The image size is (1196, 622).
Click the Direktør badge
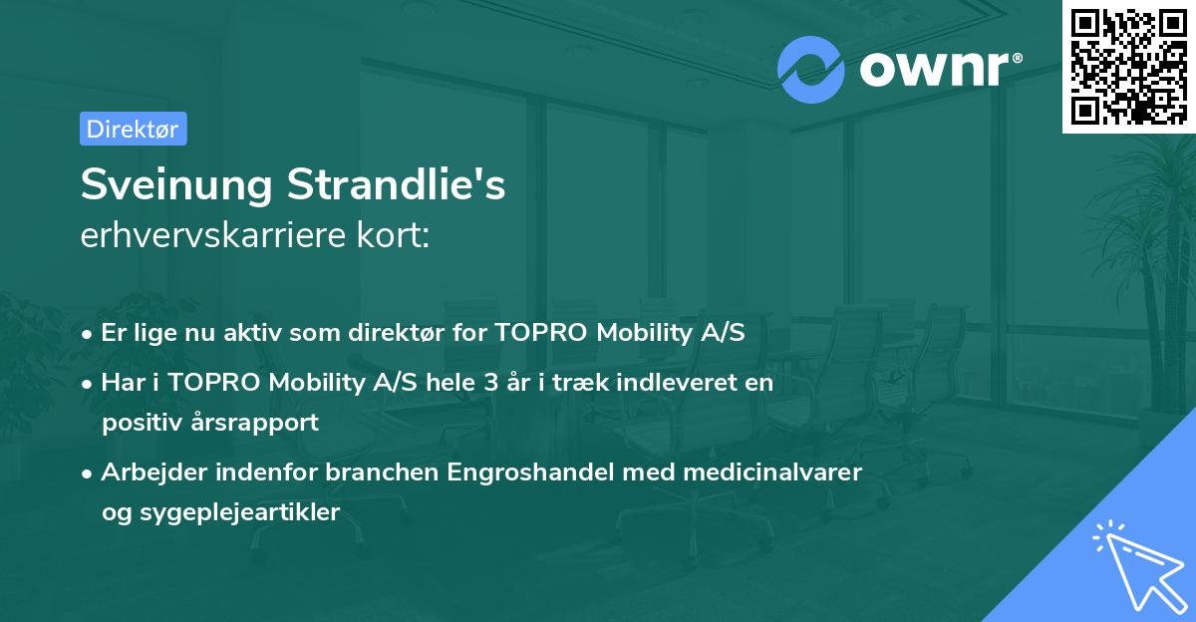tap(133, 129)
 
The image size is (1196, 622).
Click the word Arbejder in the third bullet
tap(143, 471)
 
